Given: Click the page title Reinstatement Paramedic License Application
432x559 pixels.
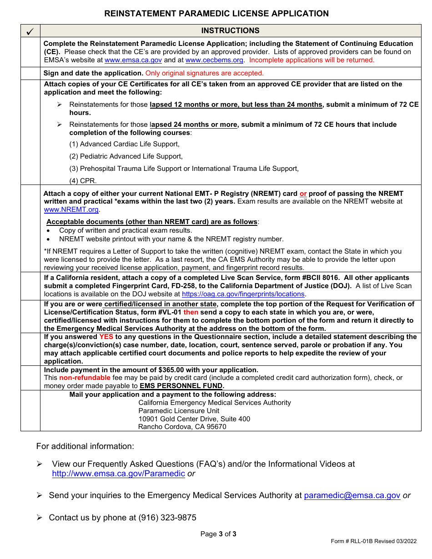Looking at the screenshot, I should [x=216, y=14].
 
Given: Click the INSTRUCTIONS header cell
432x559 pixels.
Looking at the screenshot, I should [x=231, y=30].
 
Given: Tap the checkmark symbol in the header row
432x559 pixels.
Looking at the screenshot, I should [x=30, y=31].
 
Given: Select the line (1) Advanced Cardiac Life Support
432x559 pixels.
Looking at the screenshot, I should [x=124, y=144].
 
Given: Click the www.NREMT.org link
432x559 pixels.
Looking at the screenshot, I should [x=71, y=210].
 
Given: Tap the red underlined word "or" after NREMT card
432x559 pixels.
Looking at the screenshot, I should [x=303, y=194].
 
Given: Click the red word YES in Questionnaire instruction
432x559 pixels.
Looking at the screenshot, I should [x=106, y=337].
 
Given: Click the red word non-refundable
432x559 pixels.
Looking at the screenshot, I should [x=85, y=378].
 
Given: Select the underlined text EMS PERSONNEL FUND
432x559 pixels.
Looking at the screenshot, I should [x=181, y=386].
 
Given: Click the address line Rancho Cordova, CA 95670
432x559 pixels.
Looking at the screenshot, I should [x=182, y=427].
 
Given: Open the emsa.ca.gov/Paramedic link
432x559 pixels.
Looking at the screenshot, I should [x=118, y=474].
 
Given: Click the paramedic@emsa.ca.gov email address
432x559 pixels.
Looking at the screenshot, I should [x=352, y=495].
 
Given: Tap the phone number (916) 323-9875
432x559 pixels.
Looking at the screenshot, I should [x=168, y=518].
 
